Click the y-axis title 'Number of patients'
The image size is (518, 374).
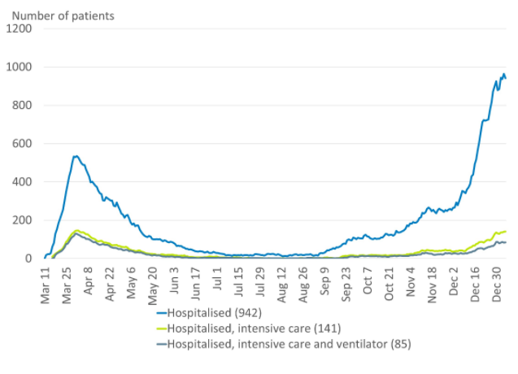coord(63,14)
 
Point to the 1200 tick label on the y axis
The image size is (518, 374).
coord(20,28)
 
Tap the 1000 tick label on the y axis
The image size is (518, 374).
coord(20,67)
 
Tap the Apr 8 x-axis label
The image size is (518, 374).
coord(89,281)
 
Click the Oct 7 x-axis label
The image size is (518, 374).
coord(367,280)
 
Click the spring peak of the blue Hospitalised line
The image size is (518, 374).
coord(76,155)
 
